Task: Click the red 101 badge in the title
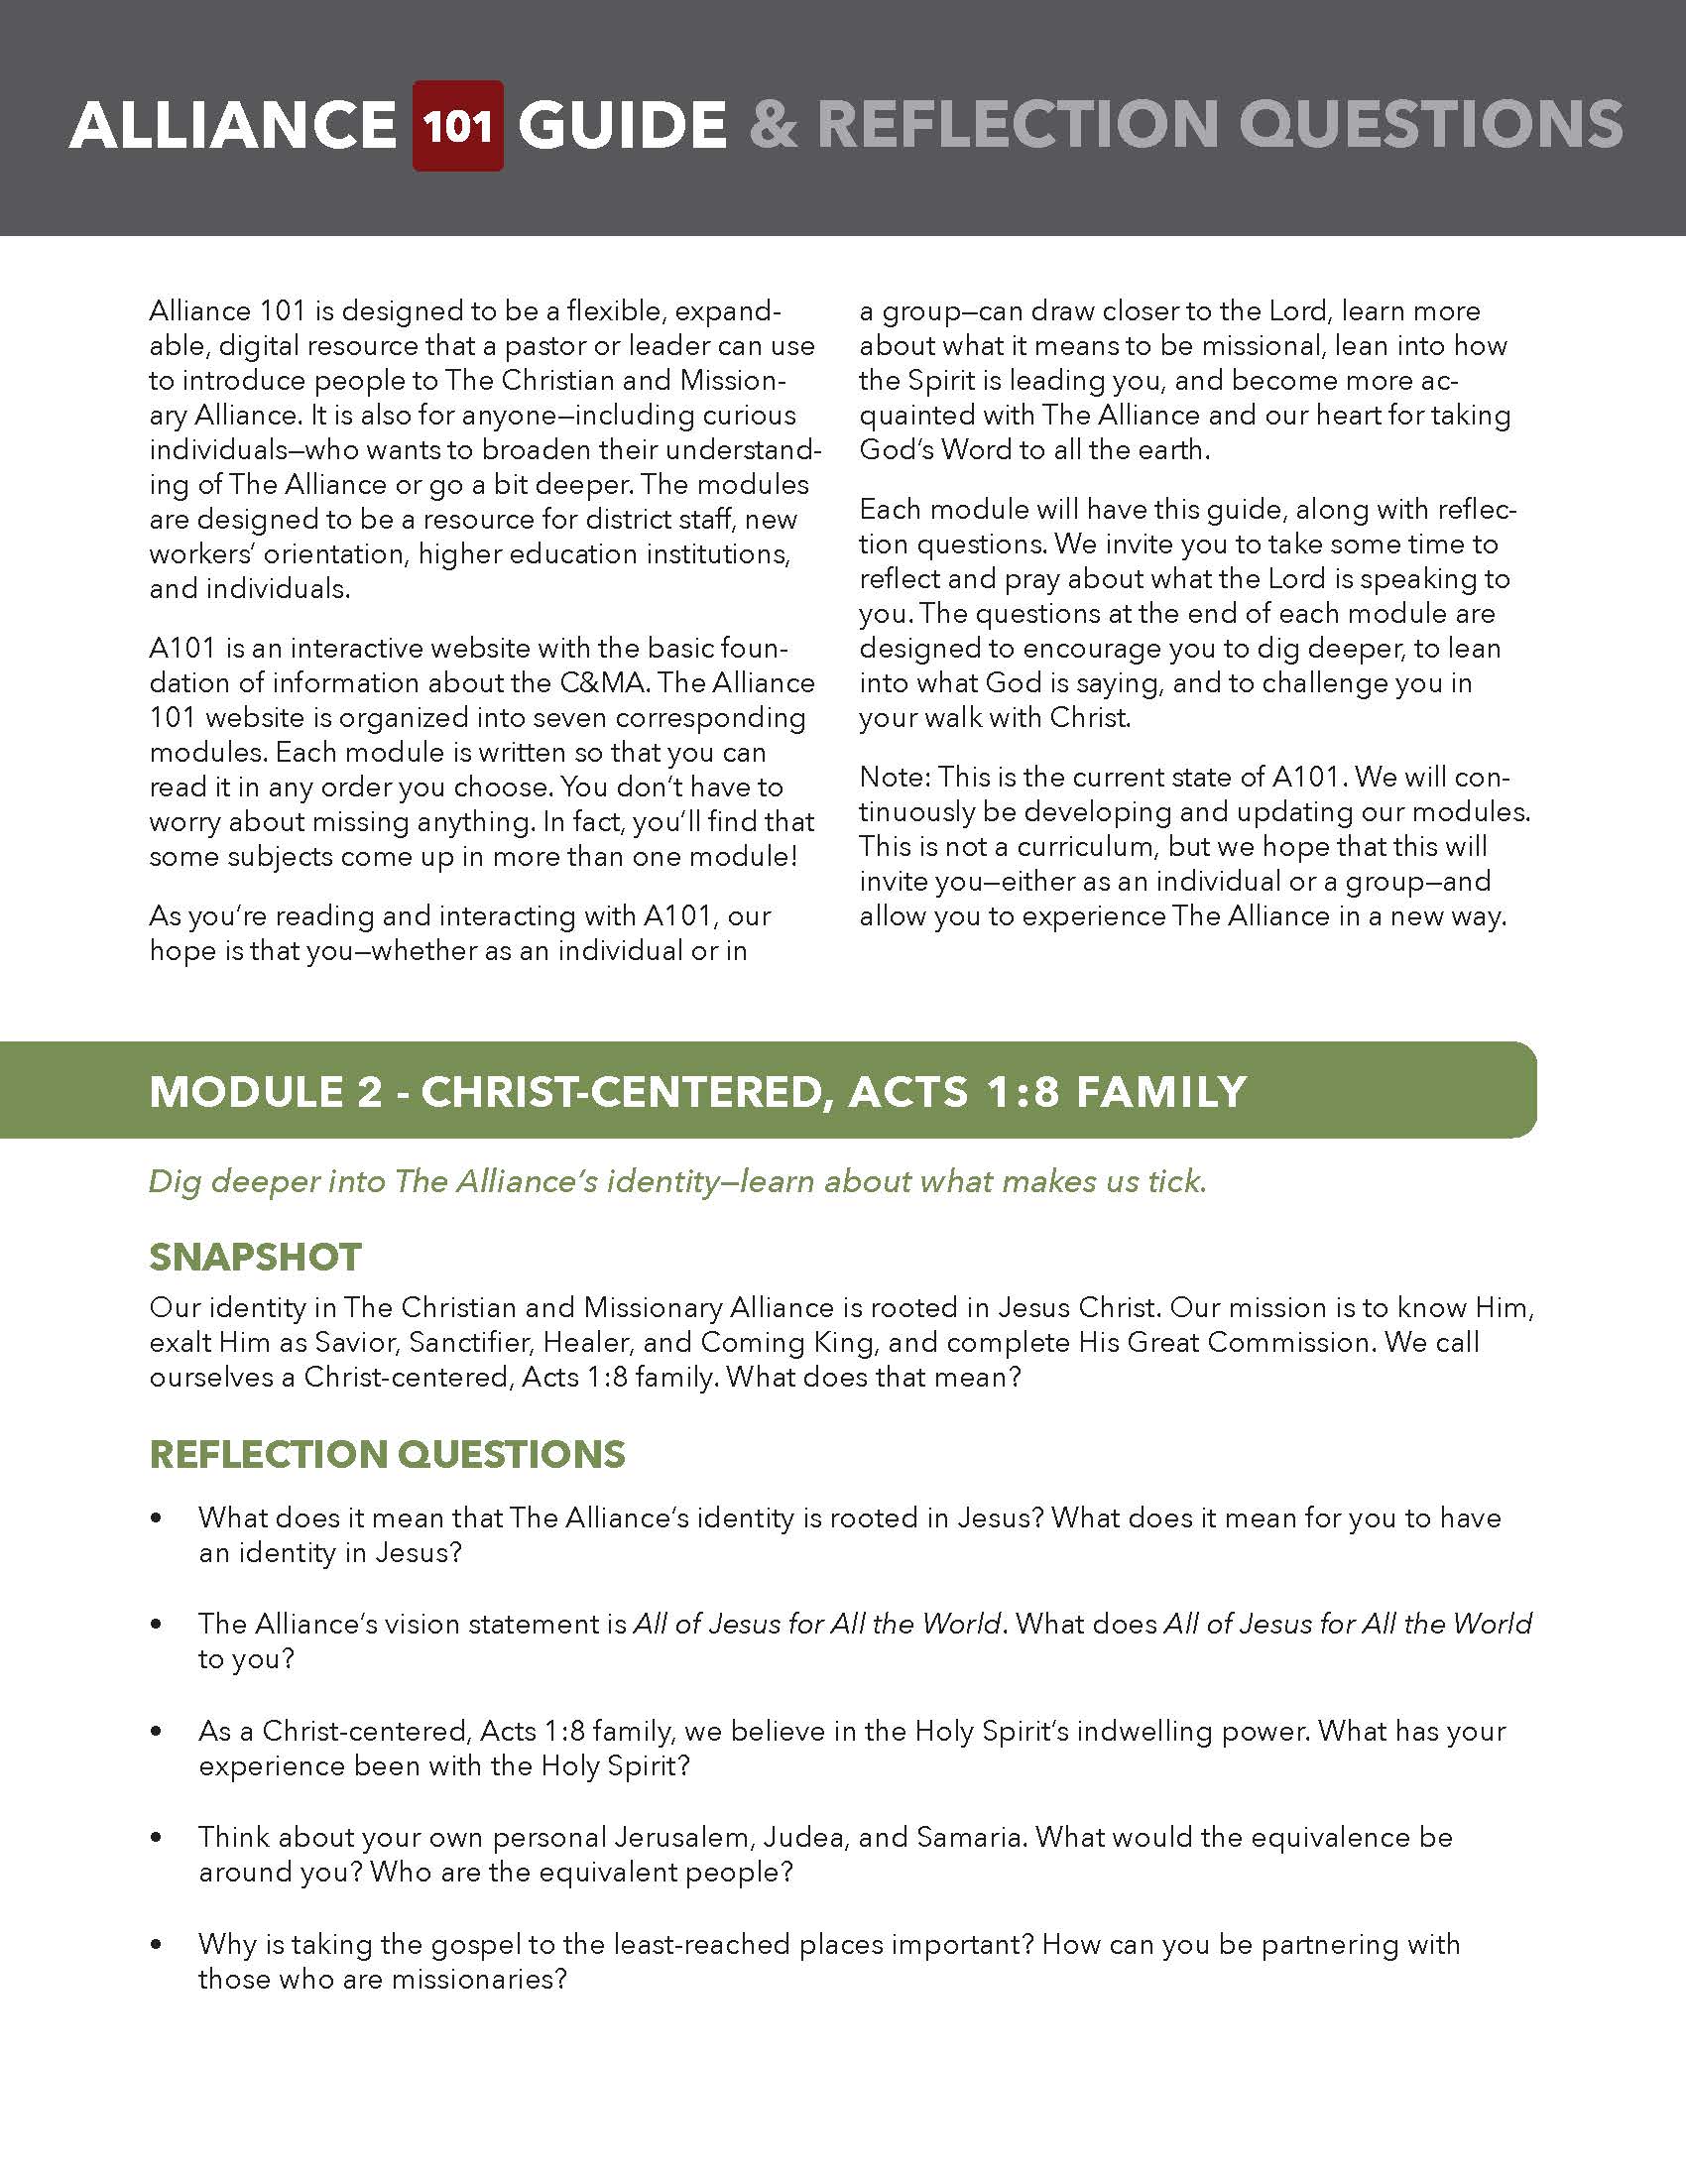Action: (457, 126)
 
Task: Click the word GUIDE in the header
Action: (621, 126)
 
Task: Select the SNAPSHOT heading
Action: (255, 1257)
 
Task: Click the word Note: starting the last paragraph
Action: (894, 778)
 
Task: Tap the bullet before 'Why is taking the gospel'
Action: (156, 1945)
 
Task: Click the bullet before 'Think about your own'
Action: (156, 1837)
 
